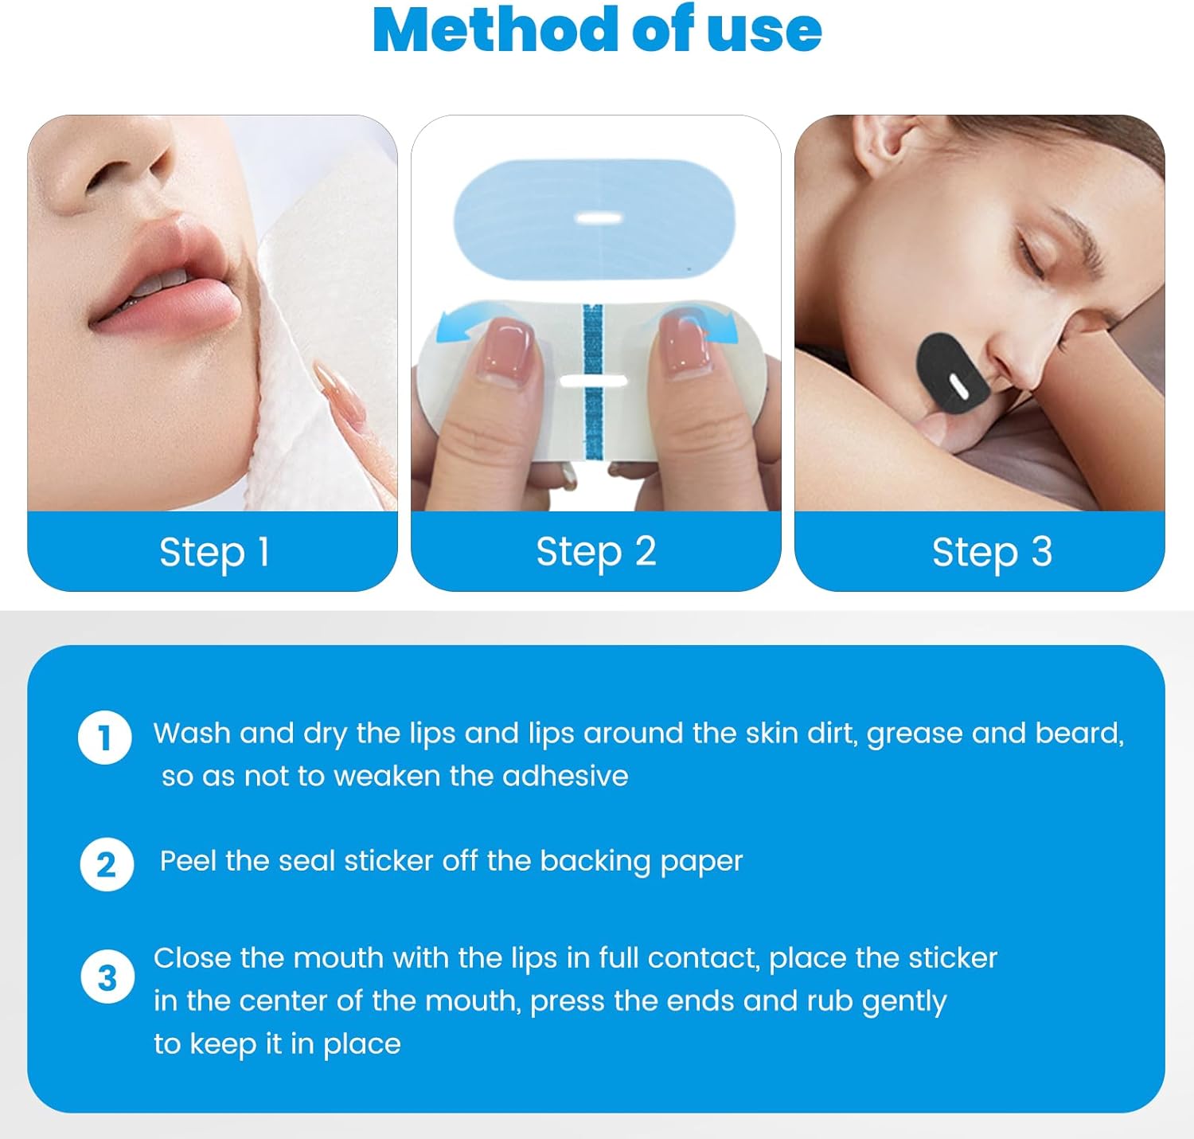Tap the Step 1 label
[214, 552]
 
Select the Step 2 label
[595, 551]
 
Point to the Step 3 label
[992, 552]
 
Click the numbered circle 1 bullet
[105, 738]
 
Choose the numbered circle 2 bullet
[107, 864]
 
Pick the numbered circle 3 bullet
[107, 977]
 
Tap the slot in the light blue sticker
[599, 218]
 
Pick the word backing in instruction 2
[595, 862]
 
